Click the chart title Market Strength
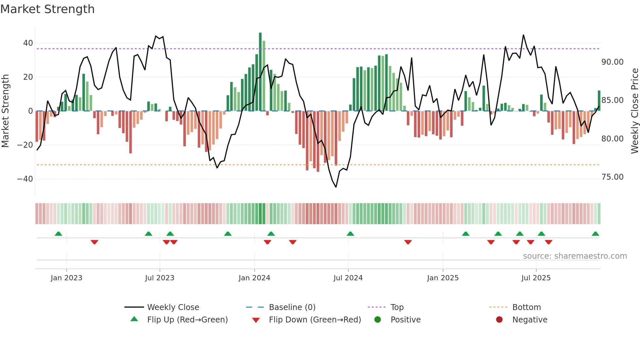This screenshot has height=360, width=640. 47,9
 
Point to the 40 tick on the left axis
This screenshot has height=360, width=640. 28,43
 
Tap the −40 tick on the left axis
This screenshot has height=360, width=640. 25,179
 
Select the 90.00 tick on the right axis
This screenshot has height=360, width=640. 612,62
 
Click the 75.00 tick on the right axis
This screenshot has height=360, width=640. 612,177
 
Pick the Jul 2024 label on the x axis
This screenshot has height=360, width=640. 348,278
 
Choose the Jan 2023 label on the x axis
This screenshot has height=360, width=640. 66,278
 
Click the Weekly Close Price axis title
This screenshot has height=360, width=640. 634,111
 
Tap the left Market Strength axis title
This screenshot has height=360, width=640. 5,111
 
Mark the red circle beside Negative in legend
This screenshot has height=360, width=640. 499,320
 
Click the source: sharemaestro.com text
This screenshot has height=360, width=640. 575,256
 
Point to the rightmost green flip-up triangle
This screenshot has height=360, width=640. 595,234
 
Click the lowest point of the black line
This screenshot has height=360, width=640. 336,187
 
